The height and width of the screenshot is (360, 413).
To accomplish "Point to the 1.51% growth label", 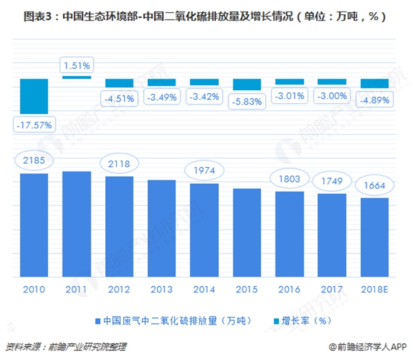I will (x=77, y=65).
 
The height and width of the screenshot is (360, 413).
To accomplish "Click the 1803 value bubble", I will (x=289, y=177).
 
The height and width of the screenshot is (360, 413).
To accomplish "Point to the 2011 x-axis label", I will (x=77, y=288).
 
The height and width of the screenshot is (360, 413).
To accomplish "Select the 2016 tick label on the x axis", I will (x=289, y=288).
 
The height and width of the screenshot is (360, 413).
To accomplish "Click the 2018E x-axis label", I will (x=374, y=288).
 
